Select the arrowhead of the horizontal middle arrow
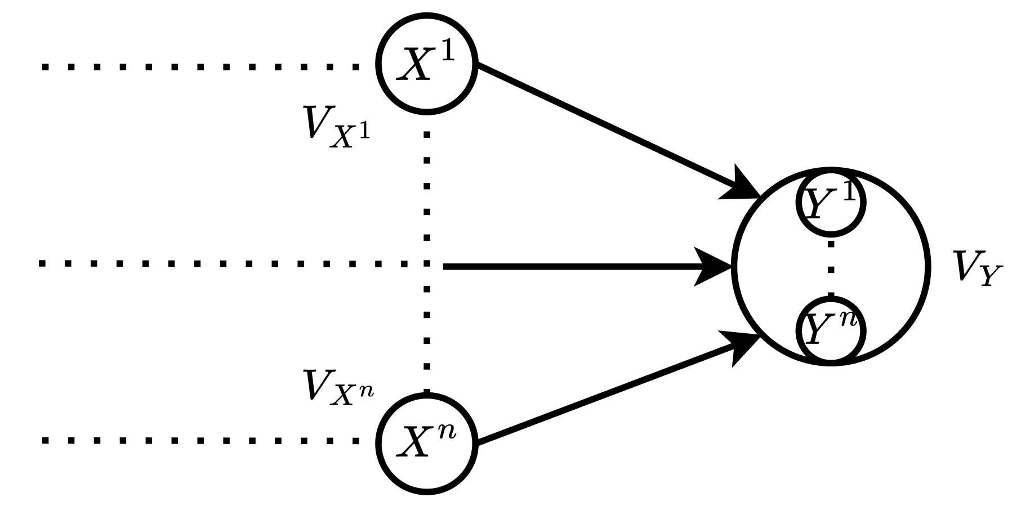click(x=714, y=266)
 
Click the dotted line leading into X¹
click(x=200, y=67)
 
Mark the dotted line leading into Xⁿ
click(x=200, y=441)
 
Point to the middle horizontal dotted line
click(x=225, y=263)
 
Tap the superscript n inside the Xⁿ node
click(x=448, y=434)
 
